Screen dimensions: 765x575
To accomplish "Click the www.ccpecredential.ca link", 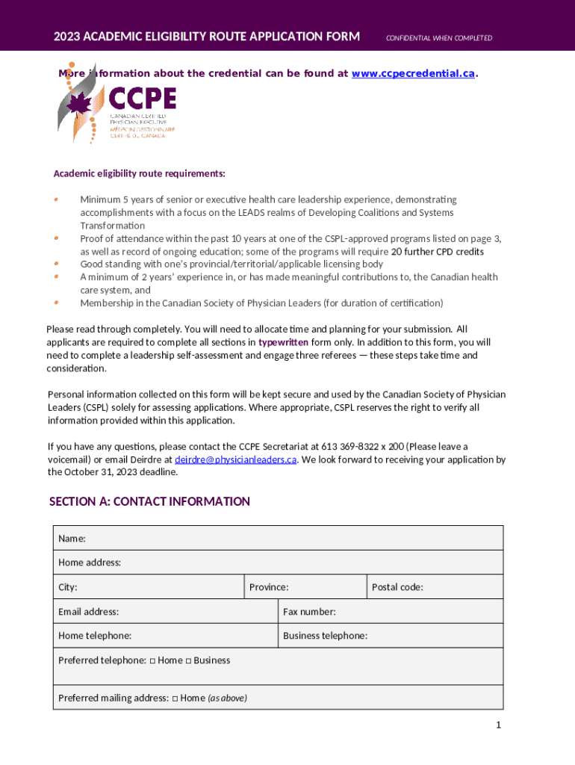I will [x=413, y=73].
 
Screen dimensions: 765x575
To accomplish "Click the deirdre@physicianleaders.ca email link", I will [x=235, y=459].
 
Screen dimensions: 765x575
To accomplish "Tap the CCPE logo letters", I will [x=143, y=99].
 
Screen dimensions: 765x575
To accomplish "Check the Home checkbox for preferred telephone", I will [x=152, y=660].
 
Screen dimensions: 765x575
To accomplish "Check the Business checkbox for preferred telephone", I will [x=188, y=660].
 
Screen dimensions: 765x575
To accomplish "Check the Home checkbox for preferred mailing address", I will [x=175, y=699].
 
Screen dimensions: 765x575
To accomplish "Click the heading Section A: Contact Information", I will [x=149, y=501].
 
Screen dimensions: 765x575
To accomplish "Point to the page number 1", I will [x=497, y=725].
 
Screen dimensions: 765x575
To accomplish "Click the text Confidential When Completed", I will [x=438, y=38].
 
